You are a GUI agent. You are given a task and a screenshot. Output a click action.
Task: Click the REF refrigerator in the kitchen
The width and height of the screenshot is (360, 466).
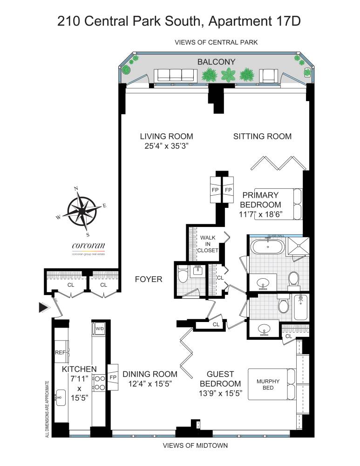61,353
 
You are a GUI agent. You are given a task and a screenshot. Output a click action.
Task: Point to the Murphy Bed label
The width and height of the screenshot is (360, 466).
268,384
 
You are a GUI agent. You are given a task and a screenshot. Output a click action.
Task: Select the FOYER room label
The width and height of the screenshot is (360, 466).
148,280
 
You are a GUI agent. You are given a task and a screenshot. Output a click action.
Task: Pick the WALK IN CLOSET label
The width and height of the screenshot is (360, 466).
208,244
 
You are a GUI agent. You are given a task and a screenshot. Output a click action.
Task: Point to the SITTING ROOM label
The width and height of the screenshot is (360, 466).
262,137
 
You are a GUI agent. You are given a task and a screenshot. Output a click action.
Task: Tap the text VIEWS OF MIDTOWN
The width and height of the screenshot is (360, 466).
195,445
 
